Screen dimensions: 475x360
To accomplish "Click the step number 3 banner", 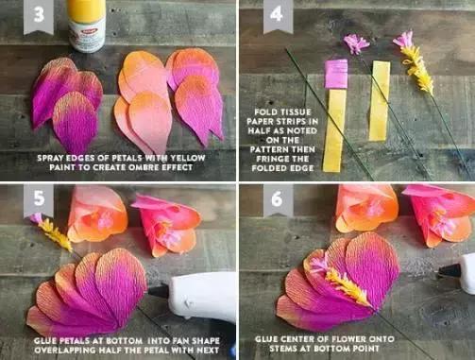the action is pyautogui.click(x=39, y=16).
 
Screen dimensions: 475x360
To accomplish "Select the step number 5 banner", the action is pyautogui.click(x=39, y=200).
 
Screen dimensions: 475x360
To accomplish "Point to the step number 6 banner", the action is pyautogui.click(x=277, y=199).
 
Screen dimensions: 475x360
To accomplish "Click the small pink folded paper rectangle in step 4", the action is pyautogui.click(x=336, y=73).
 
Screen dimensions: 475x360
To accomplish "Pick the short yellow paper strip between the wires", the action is pyautogui.click(x=379, y=101).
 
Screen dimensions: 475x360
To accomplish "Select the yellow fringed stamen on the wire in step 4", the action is pyautogui.click(x=417, y=69).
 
